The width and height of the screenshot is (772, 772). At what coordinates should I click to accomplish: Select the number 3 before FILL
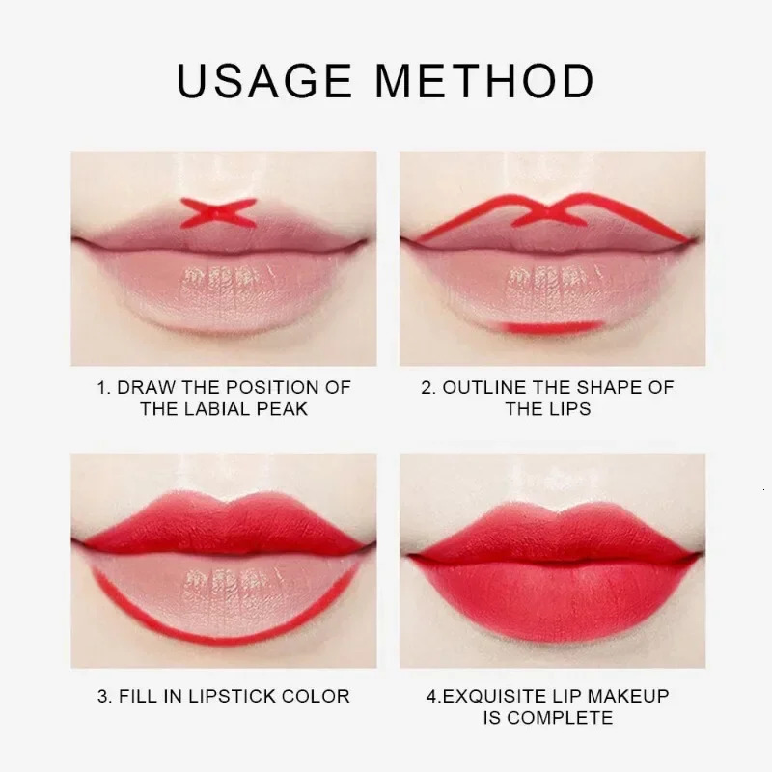102,696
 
